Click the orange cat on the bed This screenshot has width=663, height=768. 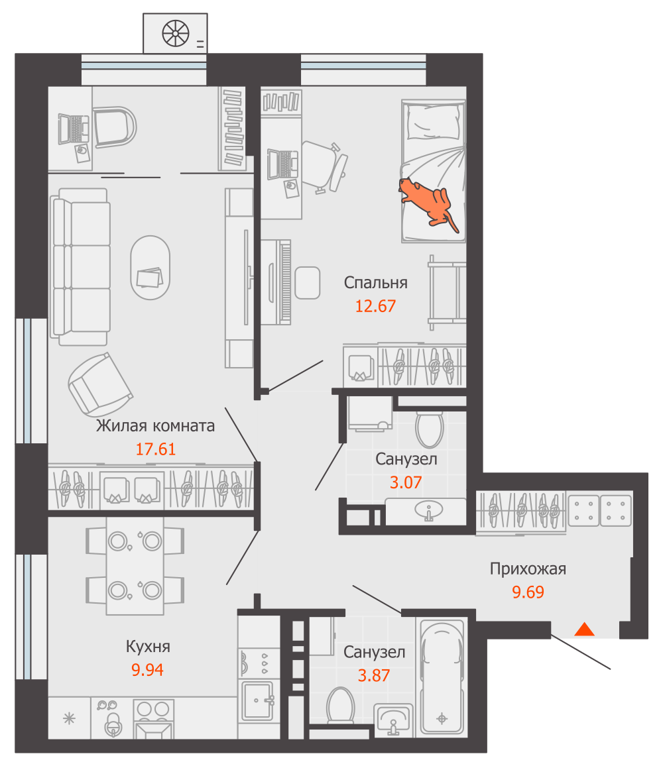pos(427,203)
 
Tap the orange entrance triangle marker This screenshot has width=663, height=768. pos(584,630)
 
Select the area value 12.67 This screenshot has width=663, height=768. pos(375,306)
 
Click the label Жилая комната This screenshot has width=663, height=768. pos(155,426)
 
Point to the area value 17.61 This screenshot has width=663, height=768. pos(155,449)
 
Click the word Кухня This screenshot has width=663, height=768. pos(148,647)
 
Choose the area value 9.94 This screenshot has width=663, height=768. pos(147,669)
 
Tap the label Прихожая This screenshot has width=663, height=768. pos(528,569)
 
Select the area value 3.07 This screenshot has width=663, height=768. pos(406,482)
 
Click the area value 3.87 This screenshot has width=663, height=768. pos(374,675)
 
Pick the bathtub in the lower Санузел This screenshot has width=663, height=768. pos(442,678)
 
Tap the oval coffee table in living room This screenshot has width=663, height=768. pos(151,268)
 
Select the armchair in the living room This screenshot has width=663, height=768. pos(100,386)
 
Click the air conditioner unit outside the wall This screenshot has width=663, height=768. pos(176,33)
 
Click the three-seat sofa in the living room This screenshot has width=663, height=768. pos(80,267)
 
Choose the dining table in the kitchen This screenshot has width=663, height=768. pos(135,566)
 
